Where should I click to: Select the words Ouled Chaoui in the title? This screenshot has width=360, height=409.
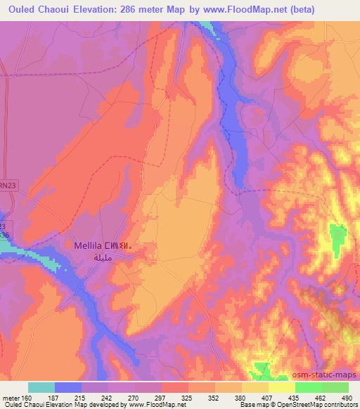[39, 9]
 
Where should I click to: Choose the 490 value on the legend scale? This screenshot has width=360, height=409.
[345, 397]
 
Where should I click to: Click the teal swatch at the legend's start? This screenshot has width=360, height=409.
[41, 387]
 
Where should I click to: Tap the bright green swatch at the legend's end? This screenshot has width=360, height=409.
[335, 387]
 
